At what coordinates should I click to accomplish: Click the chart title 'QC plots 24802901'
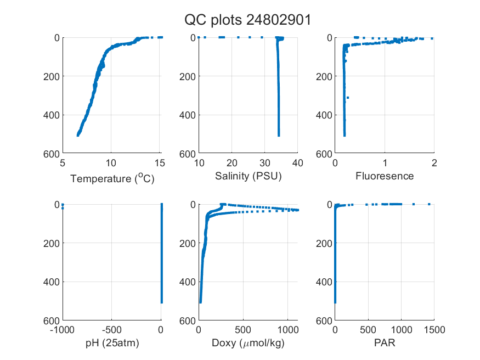tap(247, 20)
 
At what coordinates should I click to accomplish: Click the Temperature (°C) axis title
tap(112, 178)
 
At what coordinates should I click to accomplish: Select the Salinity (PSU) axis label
tap(249, 176)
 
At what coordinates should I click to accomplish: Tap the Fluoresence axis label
tap(385, 176)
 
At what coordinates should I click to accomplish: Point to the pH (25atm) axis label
tap(112, 343)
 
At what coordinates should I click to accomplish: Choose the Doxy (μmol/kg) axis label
tap(249, 343)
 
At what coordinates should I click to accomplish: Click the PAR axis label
tap(385, 342)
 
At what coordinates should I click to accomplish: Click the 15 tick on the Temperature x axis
tap(160, 163)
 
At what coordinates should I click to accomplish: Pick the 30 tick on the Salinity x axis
tap(264, 163)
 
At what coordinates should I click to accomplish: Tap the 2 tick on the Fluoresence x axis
tap(434, 163)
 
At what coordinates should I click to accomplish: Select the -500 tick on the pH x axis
tap(111, 330)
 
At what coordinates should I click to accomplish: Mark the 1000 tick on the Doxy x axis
tap(288, 330)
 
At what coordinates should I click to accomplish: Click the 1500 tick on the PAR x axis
tap(434, 330)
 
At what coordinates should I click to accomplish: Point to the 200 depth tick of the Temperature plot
tap(52, 76)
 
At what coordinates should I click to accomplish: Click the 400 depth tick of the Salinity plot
tap(188, 115)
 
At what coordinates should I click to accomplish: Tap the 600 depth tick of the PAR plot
tap(324, 320)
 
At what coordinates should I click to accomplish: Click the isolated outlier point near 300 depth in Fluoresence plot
tap(348, 98)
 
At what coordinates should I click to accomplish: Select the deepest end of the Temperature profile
tap(78, 135)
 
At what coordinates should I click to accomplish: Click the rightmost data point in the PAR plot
tap(429, 204)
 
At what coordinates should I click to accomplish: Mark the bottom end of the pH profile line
tap(162, 303)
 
